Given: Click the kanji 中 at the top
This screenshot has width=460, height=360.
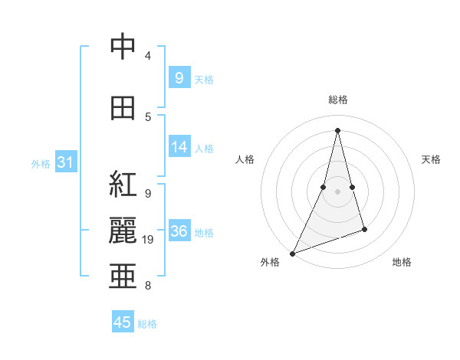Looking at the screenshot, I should [x=122, y=47].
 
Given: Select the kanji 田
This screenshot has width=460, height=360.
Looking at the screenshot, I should [x=122, y=108].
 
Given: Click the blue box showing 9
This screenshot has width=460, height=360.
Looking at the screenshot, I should [x=179, y=78].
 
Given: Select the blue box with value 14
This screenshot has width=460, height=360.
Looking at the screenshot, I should [x=179, y=147].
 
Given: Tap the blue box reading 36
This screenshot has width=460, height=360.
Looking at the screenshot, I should [x=179, y=231].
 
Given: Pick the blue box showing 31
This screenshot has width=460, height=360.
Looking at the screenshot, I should [x=66, y=162].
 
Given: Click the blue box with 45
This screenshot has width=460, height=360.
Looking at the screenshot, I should [x=123, y=322].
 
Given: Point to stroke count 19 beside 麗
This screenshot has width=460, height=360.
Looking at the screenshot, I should [x=149, y=240].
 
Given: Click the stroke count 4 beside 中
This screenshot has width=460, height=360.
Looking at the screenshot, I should [x=148, y=56].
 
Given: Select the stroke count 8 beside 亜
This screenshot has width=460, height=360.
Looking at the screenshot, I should [x=147, y=286].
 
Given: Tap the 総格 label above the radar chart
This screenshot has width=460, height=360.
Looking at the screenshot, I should [x=337, y=100].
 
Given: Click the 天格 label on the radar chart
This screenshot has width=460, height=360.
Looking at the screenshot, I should [x=431, y=159].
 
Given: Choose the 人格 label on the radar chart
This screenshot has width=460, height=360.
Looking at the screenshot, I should [x=245, y=159].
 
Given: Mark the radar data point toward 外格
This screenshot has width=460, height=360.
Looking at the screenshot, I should [x=292, y=253].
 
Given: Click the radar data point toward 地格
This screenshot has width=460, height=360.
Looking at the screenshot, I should [x=364, y=229].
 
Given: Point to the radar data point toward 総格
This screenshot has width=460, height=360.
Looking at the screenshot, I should [x=337, y=130].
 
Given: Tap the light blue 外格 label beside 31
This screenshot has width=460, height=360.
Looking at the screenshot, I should [x=40, y=163].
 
